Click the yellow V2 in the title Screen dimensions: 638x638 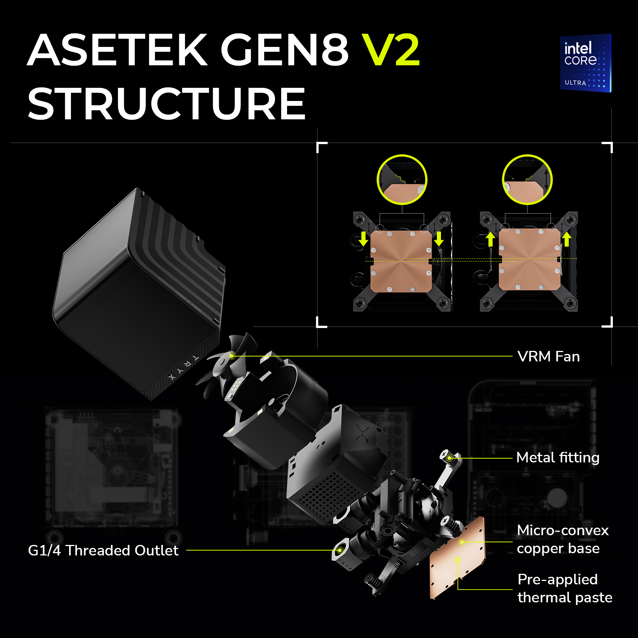391,50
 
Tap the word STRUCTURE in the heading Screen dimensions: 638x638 167,104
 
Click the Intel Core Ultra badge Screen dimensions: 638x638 585,63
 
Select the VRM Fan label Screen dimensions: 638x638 548,357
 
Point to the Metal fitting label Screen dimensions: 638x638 558,457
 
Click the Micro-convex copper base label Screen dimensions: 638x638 563,539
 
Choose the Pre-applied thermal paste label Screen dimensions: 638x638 565,588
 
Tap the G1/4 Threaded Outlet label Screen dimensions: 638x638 103,551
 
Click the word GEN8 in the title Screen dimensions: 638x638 284,50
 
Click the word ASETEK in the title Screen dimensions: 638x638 117,50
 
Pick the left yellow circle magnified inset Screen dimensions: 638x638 402,180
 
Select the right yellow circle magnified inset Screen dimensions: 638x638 527,180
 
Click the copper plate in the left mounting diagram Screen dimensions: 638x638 401,261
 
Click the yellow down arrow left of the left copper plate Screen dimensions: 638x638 363,239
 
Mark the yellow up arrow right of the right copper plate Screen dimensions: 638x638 567,239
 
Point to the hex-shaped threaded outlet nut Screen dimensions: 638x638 341,550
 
